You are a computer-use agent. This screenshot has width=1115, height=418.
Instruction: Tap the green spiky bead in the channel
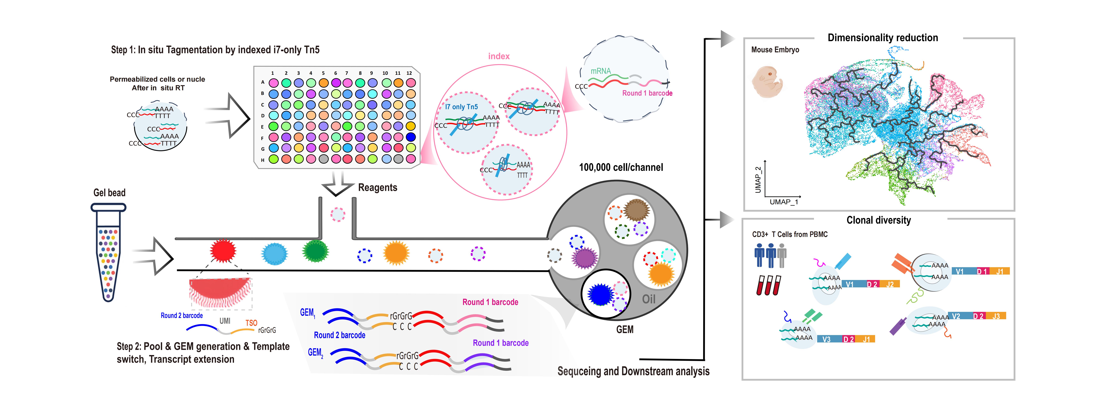(x=316, y=251)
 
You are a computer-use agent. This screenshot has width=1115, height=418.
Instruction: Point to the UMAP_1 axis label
(x=783, y=202)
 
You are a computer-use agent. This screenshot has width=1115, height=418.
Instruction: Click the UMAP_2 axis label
(x=757, y=180)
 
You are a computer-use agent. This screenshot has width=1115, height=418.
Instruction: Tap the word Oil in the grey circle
(x=648, y=299)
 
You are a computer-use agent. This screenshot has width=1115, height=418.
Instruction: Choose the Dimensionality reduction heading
(x=883, y=38)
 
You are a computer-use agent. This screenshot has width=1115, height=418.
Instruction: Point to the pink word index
(x=499, y=56)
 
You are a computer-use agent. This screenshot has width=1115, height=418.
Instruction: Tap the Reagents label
(x=377, y=188)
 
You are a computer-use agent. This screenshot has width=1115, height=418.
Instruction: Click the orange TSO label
(x=251, y=323)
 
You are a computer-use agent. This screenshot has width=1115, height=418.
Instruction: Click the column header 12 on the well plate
(x=409, y=73)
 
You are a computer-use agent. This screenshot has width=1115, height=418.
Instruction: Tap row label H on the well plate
(x=262, y=160)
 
